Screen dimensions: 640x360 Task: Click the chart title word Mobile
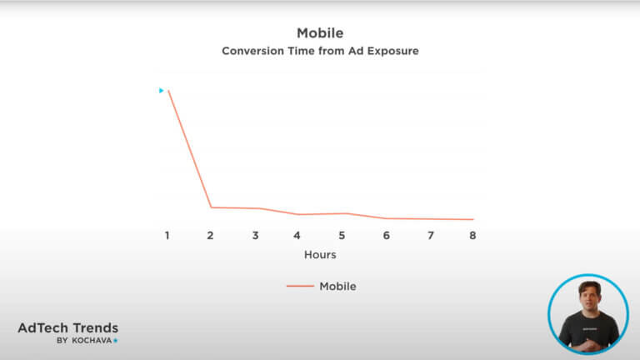(x=320, y=33)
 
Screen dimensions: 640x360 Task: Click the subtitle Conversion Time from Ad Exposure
(x=320, y=51)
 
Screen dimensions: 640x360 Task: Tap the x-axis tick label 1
(x=167, y=236)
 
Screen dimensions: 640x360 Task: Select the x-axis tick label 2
(x=210, y=236)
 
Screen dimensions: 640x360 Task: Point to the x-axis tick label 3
(x=256, y=236)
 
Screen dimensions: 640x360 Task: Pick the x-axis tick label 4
(x=297, y=236)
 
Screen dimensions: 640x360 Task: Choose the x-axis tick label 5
(x=342, y=236)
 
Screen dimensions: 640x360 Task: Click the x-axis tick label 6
(x=386, y=236)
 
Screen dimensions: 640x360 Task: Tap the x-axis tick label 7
(x=431, y=236)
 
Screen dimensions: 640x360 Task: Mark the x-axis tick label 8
(x=472, y=236)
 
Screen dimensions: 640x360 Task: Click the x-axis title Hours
(x=320, y=255)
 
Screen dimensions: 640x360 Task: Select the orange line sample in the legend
(x=300, y=286)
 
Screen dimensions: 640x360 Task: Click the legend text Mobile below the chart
(x=337, y=286)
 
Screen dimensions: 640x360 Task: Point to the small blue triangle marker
(x=161, y=91)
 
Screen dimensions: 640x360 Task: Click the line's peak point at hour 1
(x=168, y=91)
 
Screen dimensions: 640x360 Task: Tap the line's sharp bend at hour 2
(x=211, y=207)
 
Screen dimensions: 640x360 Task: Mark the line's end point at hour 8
(x=473, y=219)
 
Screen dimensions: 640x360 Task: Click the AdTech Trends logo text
(x=68, y=327)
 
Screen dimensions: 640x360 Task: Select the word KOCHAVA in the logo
(x=92, y=340)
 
